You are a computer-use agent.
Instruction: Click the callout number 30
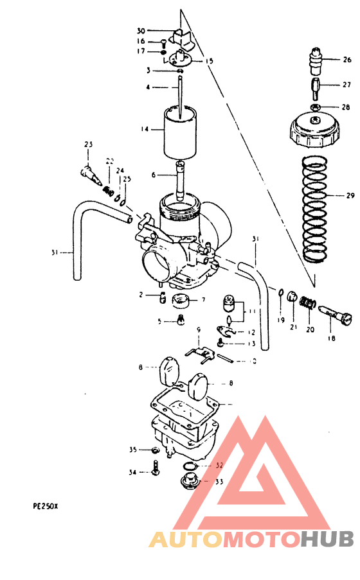tap(141, 31)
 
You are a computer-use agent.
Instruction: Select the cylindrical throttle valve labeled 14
tap(181, 132)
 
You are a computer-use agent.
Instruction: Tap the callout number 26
tap(346, 60)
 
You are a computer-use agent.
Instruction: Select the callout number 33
tap(219, 482)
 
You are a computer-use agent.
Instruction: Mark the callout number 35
tap(133, 450)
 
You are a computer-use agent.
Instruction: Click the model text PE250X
tap(46, 505)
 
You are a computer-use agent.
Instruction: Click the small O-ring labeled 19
tap(281, 294)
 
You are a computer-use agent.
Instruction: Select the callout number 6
tap(153, 175)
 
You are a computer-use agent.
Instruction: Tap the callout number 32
tap(219, 465)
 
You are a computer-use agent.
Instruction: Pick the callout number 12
tap(251, 332)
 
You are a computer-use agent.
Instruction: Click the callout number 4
tap(147, 87)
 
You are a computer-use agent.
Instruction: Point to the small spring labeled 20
tap(309, 301)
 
